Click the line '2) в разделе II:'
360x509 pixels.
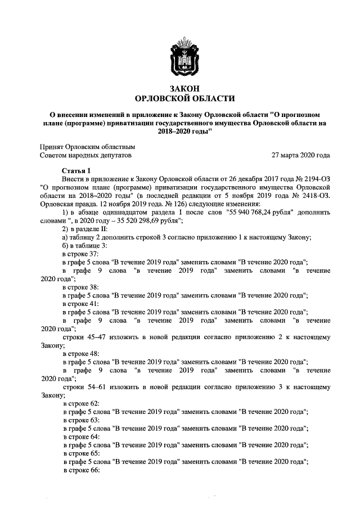(x=86, y=228)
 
